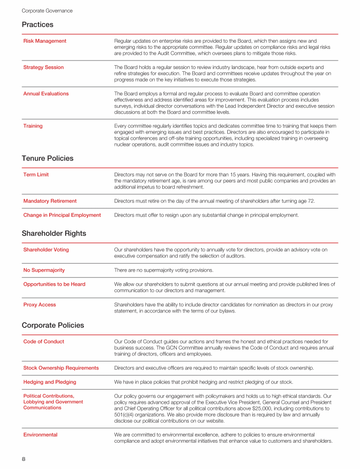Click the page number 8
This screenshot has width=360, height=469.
[x=23, y=459]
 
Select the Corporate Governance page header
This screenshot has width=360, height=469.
[x=47, y=10]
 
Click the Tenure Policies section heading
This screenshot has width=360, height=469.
[x=47, y=159]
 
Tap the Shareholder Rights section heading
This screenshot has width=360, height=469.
[x=54, y=233]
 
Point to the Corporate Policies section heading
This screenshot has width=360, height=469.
[x=53, y=325]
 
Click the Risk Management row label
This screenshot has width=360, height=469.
[x=45, y=41]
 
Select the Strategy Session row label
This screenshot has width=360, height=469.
[x=44, y=68]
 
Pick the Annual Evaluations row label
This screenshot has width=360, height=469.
[x=46, y=94]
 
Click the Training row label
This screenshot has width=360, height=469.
[x=33, y=126]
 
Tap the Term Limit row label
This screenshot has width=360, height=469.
[x=36, y=175]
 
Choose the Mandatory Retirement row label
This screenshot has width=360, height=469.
[x=50, y=201]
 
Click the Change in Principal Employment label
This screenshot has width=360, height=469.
[x=62, y=215]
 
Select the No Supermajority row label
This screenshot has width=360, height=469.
[x=44, y=271]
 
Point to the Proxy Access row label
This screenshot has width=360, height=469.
[x=39, y=305]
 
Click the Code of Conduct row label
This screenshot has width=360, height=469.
[x=44, y=342]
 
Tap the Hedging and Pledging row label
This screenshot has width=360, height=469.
[x=50, y=382]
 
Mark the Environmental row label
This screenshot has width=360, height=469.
[x=40, y=435]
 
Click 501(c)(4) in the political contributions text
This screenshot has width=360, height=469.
[x=127, y=415]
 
